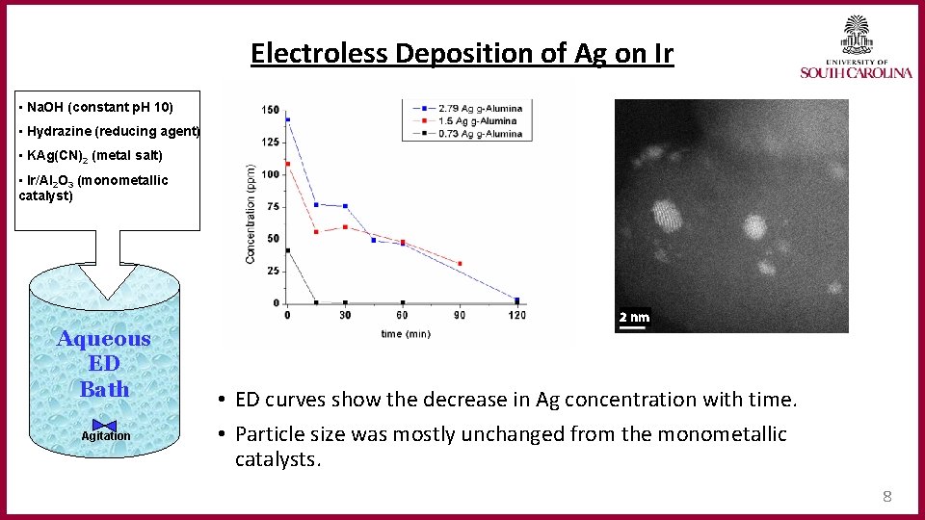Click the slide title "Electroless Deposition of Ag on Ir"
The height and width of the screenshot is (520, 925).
pyautogui.click(x=462, y=53)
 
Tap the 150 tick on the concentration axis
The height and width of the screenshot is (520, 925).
pyautogui.click(x=271, y=110)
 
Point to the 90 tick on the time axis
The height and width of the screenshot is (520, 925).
pyautogui.click(x=460, y=315)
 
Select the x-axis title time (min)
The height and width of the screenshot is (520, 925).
pyautogui.click(x=406, y=333)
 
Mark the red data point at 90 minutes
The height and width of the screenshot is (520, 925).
pyautogui.click(x=460, y=263)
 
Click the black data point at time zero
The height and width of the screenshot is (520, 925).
pyautogui.click(x=287, y=251)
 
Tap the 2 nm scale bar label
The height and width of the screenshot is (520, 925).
pyautogui.click(x=634, y=317)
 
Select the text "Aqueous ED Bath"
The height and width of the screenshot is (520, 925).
pyautogui.click(x=104, y=363)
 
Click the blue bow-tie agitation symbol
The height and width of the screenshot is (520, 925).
pyautogui.click(x=105, y=426)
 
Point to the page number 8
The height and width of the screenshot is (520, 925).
pyautogui.click(x=887, y=497)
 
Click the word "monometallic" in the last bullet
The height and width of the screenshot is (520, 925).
pyautogui.click(x=722, y=434)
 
